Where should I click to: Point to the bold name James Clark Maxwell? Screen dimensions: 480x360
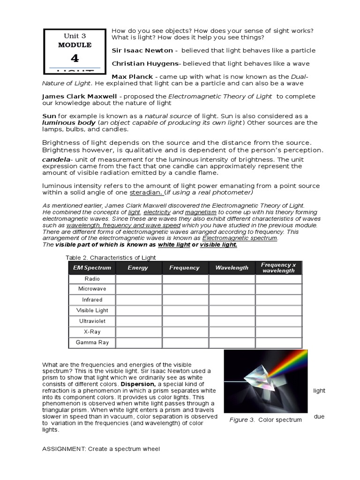[79, 96]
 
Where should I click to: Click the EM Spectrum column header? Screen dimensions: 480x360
[92, 268]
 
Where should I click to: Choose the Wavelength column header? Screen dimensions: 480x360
[232, 268]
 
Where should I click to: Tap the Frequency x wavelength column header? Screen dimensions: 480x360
[278, 268]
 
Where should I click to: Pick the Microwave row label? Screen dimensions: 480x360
[92, 289]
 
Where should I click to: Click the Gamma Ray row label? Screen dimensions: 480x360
[92, 343]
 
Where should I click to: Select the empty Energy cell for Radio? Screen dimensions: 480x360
[138, 279]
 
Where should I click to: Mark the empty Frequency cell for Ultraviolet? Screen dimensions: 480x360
[185, 322]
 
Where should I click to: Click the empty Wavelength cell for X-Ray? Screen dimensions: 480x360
[232, 332]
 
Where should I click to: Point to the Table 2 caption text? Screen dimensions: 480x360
[110, 257]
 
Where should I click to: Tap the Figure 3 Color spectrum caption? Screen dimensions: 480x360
[265, 420]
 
